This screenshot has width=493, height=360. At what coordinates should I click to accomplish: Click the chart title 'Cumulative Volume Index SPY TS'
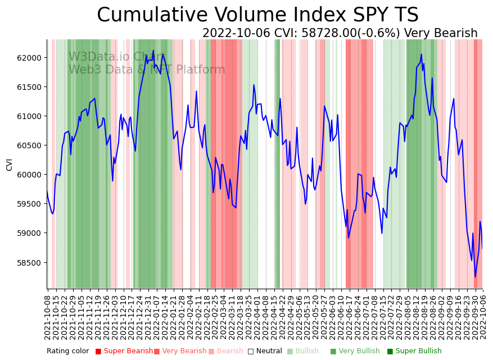[257, 15]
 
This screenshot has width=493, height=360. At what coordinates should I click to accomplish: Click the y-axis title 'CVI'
[9, 164]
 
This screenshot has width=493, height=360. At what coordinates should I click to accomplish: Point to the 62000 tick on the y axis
[29, 58]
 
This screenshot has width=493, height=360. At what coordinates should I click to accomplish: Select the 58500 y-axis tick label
[29, 262]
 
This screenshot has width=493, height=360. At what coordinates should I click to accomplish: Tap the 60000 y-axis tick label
[29, 175]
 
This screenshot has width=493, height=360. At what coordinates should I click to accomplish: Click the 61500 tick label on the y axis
[29, 87]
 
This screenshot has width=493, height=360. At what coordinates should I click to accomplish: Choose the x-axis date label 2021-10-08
[48, 317]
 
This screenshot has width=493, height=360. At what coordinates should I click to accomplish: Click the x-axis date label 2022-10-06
[483, 317]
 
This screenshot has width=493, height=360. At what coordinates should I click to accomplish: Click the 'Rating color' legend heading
[67, 351]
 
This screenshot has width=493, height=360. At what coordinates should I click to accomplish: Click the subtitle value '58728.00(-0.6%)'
[350, 33]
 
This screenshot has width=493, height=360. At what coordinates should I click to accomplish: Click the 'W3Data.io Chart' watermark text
[116, 57]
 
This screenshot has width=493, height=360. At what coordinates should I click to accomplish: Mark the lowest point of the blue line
[475, 277]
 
